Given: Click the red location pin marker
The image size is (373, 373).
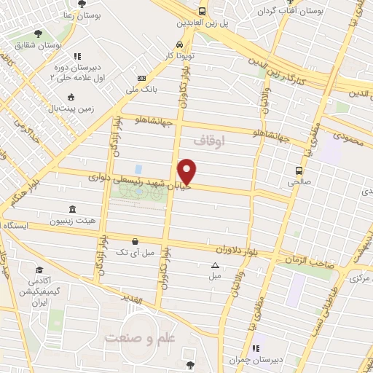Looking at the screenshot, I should click(x=187, y=172).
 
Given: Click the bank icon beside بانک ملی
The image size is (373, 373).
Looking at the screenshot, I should click(x=141, y=79).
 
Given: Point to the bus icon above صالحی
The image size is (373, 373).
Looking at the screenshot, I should click(x=299, y=170).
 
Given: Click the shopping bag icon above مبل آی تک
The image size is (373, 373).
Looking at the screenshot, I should click(x=134, y=240).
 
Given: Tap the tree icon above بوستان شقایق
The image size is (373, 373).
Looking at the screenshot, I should click(x=38, y=33).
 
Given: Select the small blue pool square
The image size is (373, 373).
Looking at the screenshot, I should click(x=138, y=169).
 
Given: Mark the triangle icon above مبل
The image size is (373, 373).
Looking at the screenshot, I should click(x=215, y=265).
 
